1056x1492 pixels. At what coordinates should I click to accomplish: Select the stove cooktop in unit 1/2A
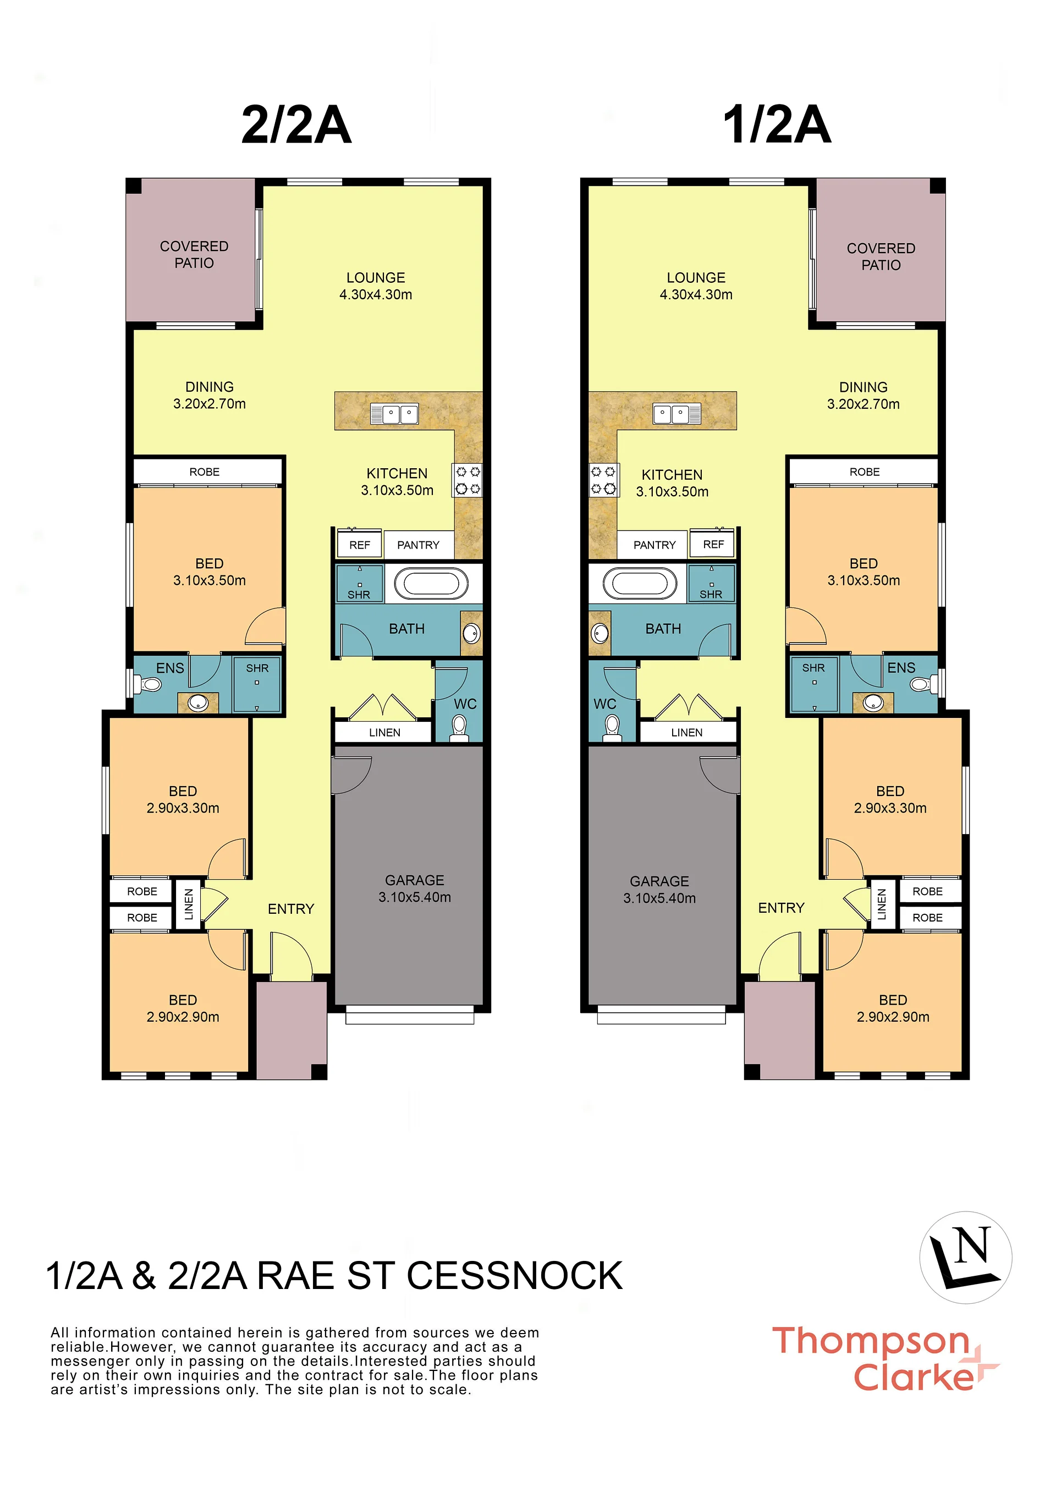[603, 480]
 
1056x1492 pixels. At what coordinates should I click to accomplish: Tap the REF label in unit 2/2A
[360, 545]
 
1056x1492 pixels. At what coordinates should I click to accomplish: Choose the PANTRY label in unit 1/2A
[655, 545]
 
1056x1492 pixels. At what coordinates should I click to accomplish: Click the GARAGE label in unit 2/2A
[415, 880]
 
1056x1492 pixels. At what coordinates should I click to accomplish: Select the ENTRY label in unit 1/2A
[782, 907]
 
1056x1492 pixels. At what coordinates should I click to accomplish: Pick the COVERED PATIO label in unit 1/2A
[881, 256]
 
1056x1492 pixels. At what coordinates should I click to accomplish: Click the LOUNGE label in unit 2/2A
[376, 278]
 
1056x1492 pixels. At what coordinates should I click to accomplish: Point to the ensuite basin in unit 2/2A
[197, 703]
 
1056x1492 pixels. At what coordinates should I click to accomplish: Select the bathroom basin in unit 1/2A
[600, 633]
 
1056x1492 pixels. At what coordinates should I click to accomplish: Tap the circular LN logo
[966, 1257]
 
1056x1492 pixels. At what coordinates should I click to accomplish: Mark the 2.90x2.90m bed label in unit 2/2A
[183, 1017]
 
